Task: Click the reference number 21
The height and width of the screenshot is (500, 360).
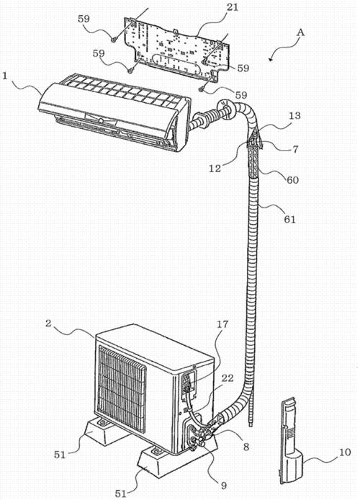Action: click(233, 7)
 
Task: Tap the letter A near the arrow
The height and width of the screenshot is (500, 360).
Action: click(300, 32)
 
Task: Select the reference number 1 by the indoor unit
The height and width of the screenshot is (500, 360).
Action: click(5, 76)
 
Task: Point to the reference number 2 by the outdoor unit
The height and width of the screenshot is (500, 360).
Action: click(48, 323)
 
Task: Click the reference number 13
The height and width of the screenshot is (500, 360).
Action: click(294, 115)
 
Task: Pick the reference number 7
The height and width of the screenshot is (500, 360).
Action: click(295, 149)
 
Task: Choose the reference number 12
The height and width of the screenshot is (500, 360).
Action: click(215, 169)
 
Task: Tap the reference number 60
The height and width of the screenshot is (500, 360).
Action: click(292, 180)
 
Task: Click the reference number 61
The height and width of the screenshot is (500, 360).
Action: click(289, 219)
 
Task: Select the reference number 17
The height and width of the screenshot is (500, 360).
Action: click(222, 324)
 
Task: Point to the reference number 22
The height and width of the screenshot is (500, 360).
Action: click(228, 378)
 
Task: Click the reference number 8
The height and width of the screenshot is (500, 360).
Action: click(246, 447)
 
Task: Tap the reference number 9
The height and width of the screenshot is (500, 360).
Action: click(224, 486)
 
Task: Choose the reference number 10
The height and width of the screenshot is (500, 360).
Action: click(344, 452)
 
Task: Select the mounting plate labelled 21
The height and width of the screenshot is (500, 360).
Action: click(177, 48)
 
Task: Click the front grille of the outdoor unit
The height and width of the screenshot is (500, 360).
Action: click(122, 388)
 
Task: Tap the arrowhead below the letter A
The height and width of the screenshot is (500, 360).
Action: click(271, 58)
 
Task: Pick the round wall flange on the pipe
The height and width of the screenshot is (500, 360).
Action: click(225, 110)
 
